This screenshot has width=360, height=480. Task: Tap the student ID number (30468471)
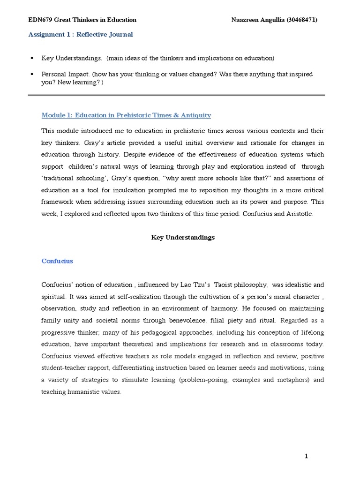(x=303, y=20)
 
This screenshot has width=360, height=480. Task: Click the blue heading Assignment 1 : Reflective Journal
(x=80, y=34)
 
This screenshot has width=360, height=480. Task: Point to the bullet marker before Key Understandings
(x=31, y=58)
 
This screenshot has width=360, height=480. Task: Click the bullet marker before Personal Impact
(x=31, y=74)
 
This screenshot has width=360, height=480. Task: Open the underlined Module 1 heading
(x=126, y=115)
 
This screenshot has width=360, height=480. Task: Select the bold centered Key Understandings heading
(x=183, y=237)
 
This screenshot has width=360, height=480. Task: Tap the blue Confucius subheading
(x=57, y=261)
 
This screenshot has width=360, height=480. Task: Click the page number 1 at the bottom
(x=307, y=456)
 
